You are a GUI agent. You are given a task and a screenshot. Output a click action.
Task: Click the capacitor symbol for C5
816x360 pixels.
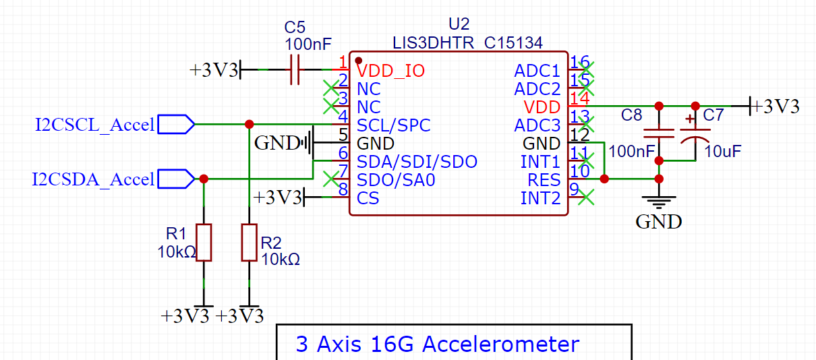click(295, 69)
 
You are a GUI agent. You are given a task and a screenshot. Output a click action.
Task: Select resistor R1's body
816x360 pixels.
click(204, 243)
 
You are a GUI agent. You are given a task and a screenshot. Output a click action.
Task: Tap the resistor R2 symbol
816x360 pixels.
click(249, 243)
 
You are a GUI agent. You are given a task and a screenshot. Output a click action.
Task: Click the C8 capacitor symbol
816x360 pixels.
click(659, 133)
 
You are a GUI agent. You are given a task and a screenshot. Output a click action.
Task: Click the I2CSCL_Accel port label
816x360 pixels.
click(94, 125)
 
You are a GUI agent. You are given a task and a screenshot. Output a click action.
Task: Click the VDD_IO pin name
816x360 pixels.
click(391, 71)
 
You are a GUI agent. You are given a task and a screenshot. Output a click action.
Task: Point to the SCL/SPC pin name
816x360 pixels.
click(393, 125)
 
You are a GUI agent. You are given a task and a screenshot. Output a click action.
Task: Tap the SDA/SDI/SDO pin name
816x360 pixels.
click(417, 162)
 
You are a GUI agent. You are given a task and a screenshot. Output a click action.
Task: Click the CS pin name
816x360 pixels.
click(368, 198)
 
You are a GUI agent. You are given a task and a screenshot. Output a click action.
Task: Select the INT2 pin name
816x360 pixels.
click(540, 198)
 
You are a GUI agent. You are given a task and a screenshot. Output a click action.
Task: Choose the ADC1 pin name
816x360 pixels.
click(537, 71)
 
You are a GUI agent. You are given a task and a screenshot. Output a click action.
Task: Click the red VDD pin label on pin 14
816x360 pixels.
click(542, 107)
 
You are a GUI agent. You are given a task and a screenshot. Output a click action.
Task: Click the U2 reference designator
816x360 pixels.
click(459, 24)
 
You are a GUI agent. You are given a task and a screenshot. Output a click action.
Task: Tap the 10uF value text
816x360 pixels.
click(723, 152)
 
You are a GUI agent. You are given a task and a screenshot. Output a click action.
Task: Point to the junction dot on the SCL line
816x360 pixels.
click(249, 124)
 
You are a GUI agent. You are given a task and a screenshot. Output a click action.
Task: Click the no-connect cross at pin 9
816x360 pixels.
click(587, 197)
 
